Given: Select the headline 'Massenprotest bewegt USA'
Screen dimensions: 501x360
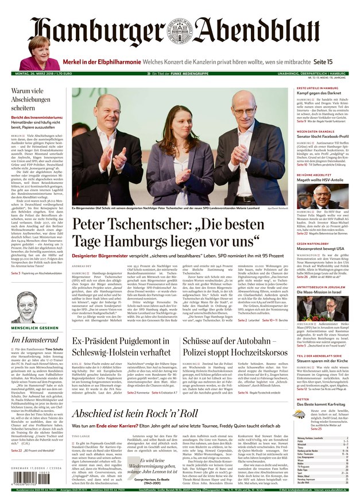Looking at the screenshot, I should click(320, 248).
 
